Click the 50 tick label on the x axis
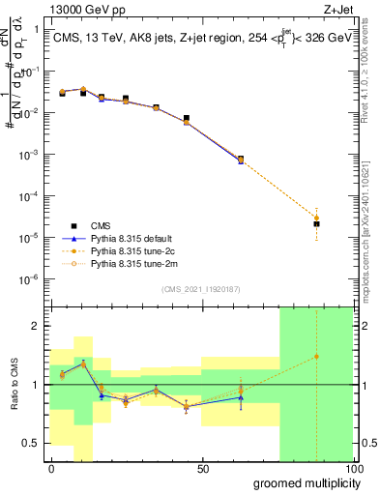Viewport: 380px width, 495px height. [203, 470]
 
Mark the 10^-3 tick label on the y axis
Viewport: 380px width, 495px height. [29, 155]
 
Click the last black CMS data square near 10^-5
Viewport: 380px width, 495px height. [316, 224]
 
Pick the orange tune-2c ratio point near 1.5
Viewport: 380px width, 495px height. [316, 357]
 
